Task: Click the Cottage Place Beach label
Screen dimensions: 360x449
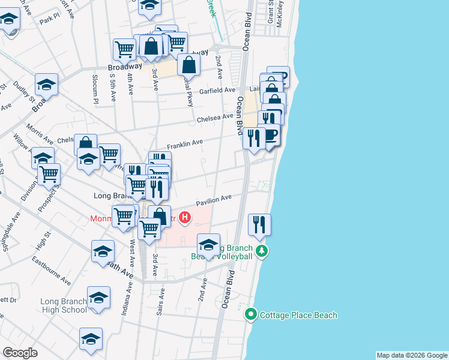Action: pos(298,315)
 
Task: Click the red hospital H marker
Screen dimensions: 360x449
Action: pos(185,218)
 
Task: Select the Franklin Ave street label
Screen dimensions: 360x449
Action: pos(185,144)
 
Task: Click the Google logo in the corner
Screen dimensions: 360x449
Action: pos(20,353)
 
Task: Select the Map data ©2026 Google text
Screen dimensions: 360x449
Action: pos(412,355)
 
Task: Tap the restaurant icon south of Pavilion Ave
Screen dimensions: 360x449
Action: pos(259,225)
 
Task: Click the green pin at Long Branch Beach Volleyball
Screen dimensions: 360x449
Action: pos(261,250)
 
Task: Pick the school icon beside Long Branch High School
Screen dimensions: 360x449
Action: pos(99,297)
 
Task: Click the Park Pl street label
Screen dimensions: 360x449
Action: pos(47,20)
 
